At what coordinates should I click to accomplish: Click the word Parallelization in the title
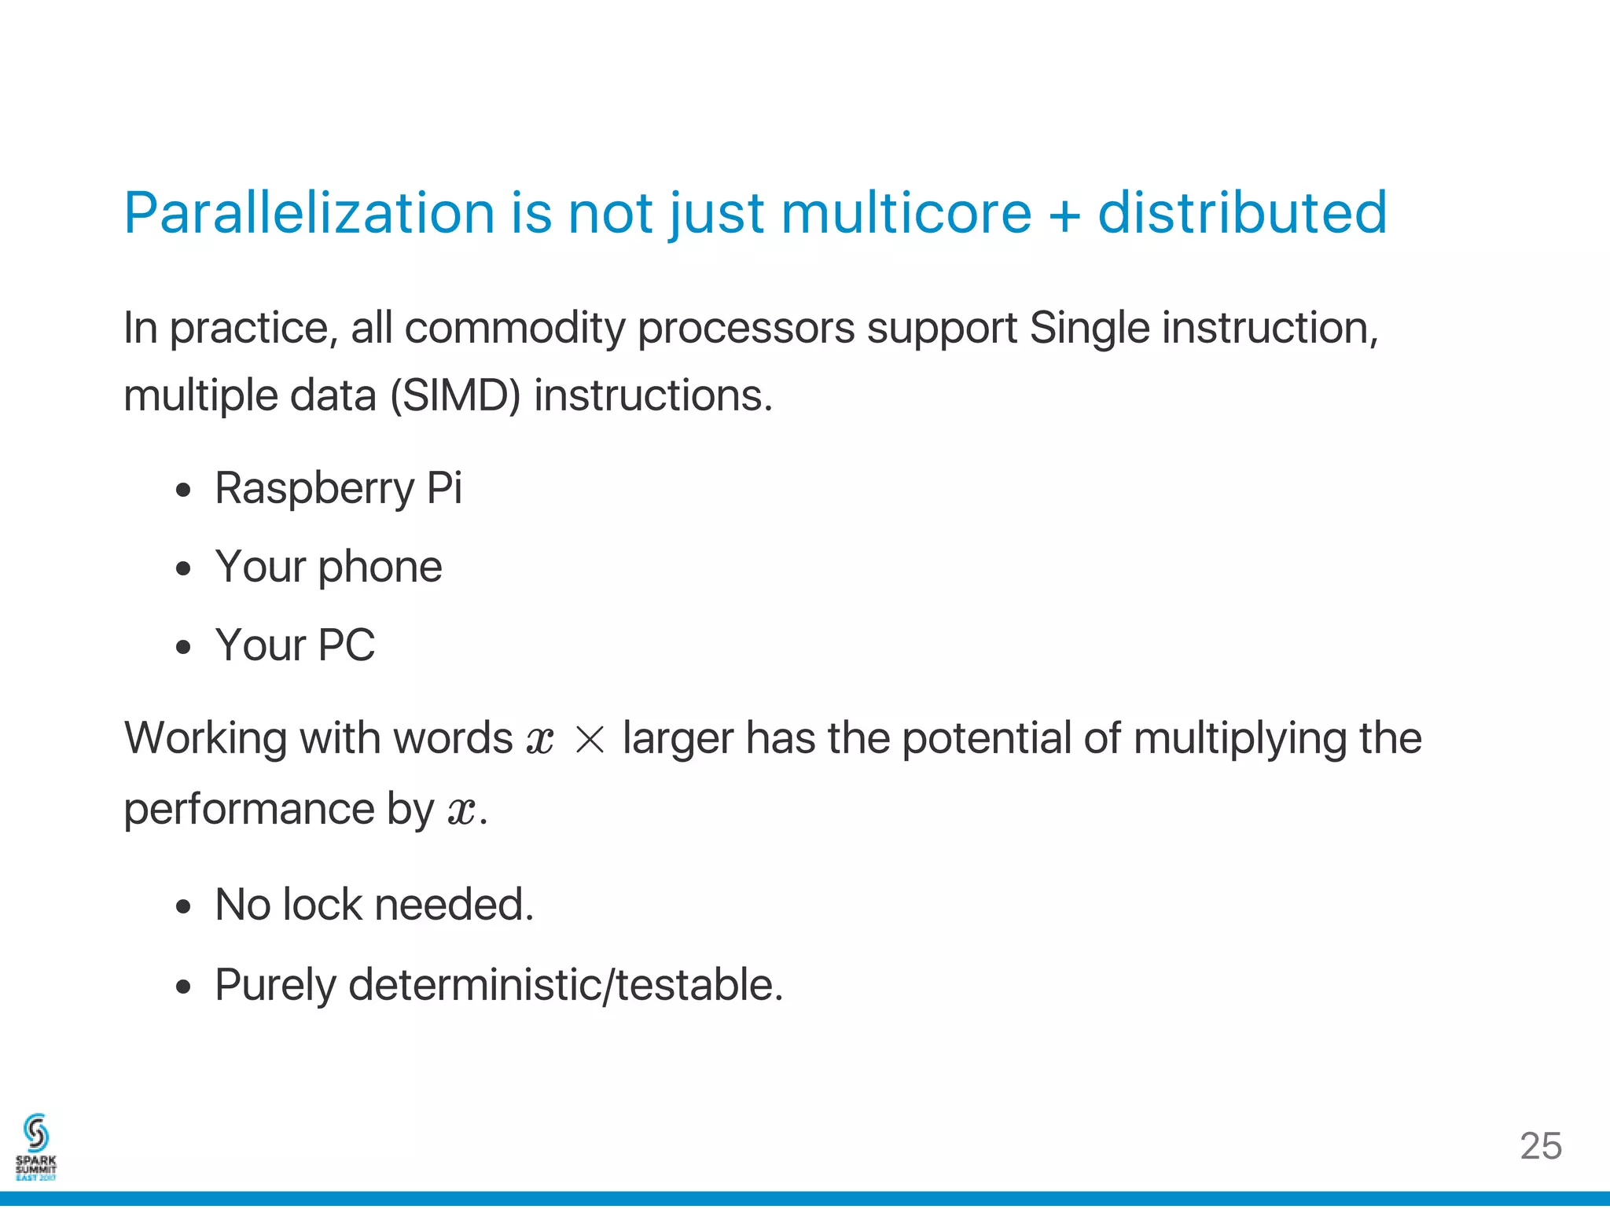pos(309,213)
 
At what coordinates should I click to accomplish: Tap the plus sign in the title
pos(1064,215)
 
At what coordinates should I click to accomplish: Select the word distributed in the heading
pos(1242,213)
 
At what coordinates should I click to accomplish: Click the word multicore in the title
pos(906,213)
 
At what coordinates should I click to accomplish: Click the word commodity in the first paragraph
pos(514,328)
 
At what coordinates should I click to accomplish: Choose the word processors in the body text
pos(745,329)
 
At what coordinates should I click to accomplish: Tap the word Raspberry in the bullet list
pos(314,489)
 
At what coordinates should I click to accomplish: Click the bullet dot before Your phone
pos(184,568)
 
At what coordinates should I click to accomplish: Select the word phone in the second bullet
pos(380,568)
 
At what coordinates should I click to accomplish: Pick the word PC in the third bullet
pos(346,645)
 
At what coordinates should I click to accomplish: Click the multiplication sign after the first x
pos(590,740)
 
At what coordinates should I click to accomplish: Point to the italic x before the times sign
pos(540,740)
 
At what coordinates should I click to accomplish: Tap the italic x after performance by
pos(461,810)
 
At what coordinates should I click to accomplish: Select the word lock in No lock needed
pos(322,905)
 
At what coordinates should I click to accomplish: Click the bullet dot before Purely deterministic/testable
pos(184,987)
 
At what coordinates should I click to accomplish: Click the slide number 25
pos(1540,1146)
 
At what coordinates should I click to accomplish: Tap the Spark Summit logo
pos(36,1147)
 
